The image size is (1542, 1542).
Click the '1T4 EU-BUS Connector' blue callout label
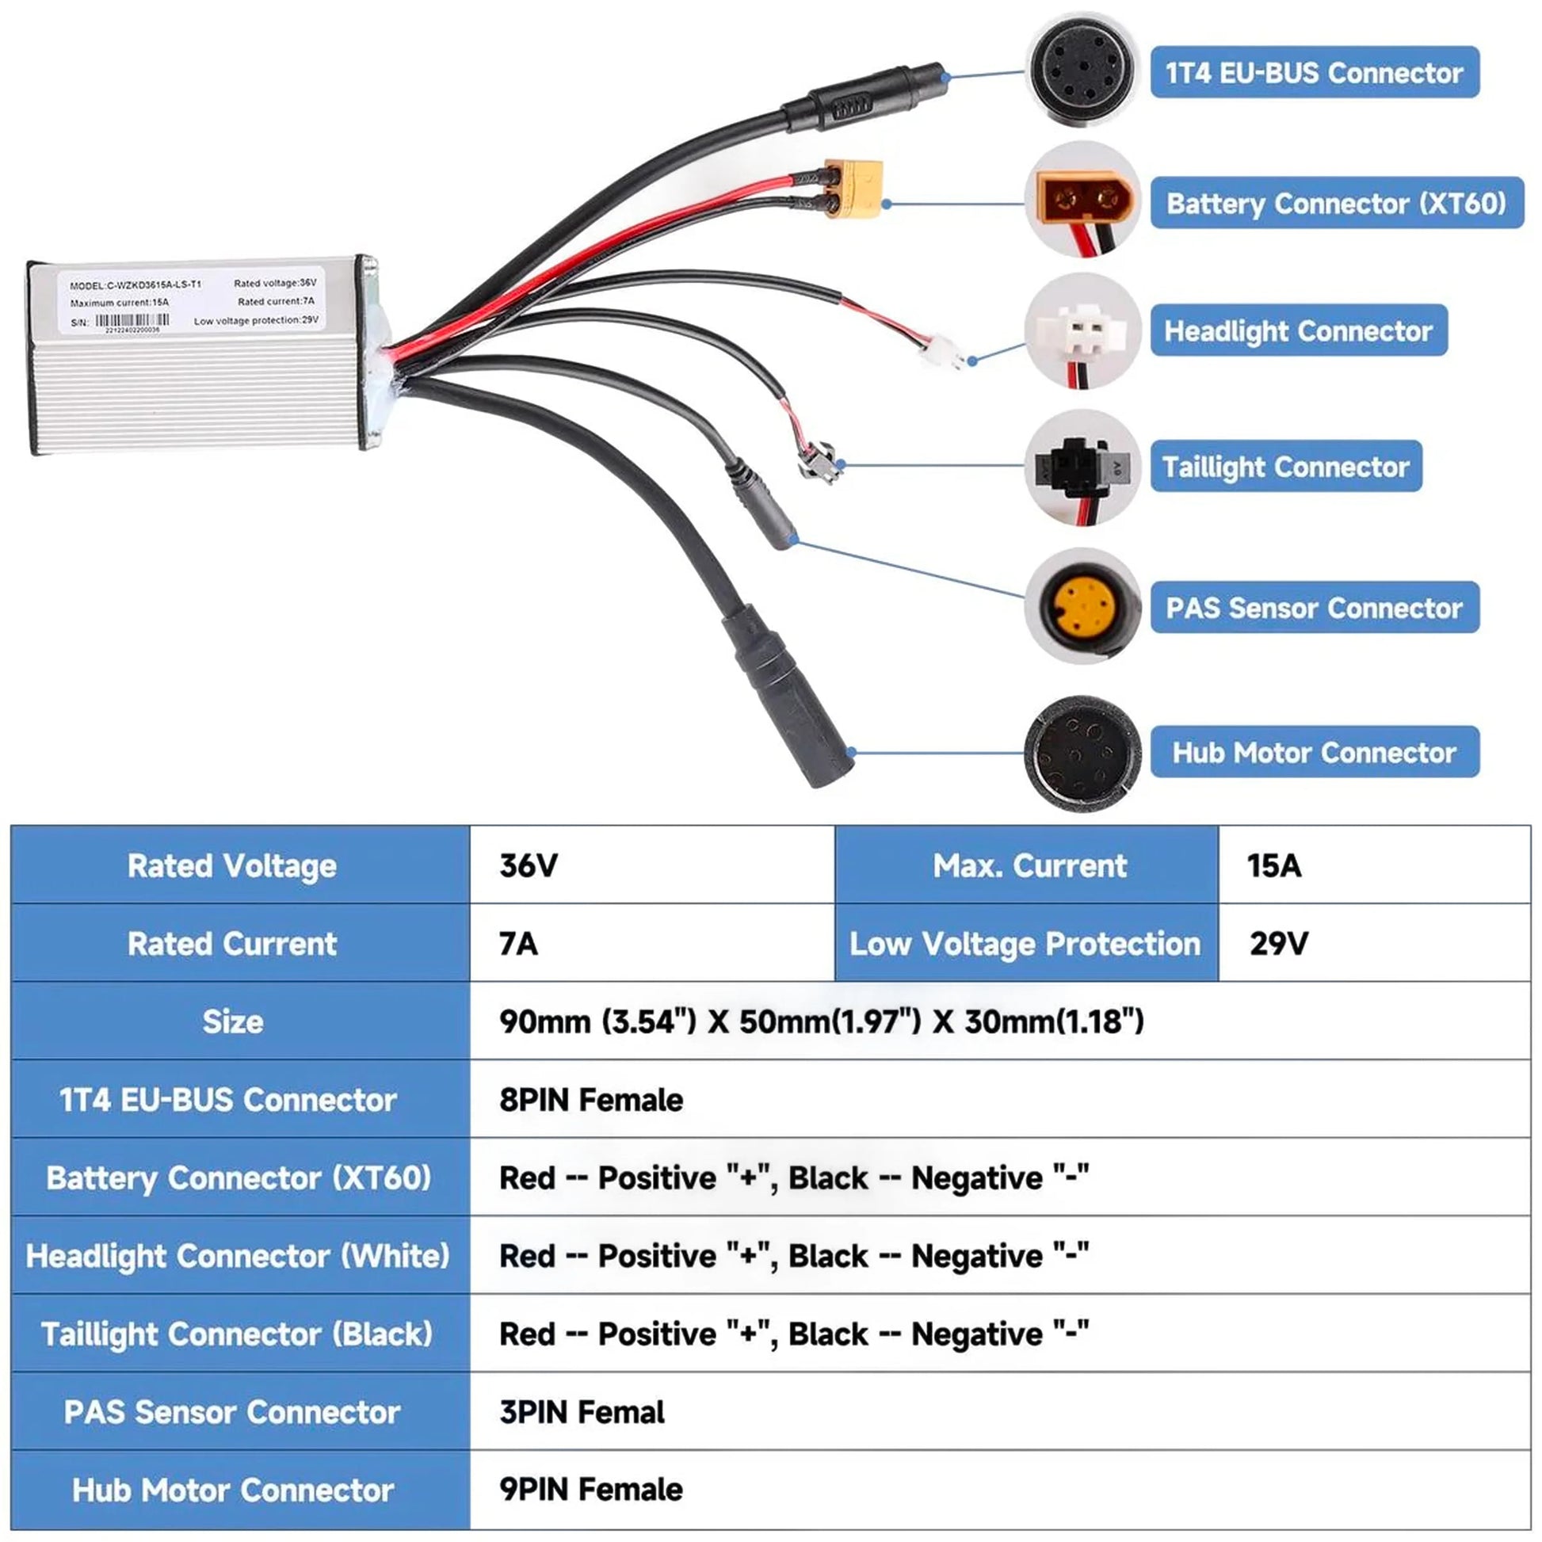1314,73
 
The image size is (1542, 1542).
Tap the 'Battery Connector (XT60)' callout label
1336,204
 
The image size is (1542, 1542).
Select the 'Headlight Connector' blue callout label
1298,330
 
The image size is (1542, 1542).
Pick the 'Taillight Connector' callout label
1285,466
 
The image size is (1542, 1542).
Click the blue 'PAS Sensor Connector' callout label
1314,608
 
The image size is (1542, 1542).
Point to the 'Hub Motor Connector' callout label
1314,752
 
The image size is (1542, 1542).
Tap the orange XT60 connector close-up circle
1082,200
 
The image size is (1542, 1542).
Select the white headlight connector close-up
1082,330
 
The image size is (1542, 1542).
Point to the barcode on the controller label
132,321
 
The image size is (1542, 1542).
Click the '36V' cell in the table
529,865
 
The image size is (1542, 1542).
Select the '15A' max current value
1274,865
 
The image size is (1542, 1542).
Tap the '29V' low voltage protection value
1279,944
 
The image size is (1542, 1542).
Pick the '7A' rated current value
519,944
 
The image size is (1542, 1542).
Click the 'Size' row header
233,1021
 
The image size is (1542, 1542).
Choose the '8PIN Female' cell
590,1100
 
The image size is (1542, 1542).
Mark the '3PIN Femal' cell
582,1412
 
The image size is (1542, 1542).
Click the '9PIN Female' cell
590,1490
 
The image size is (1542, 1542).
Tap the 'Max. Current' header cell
1029,865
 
